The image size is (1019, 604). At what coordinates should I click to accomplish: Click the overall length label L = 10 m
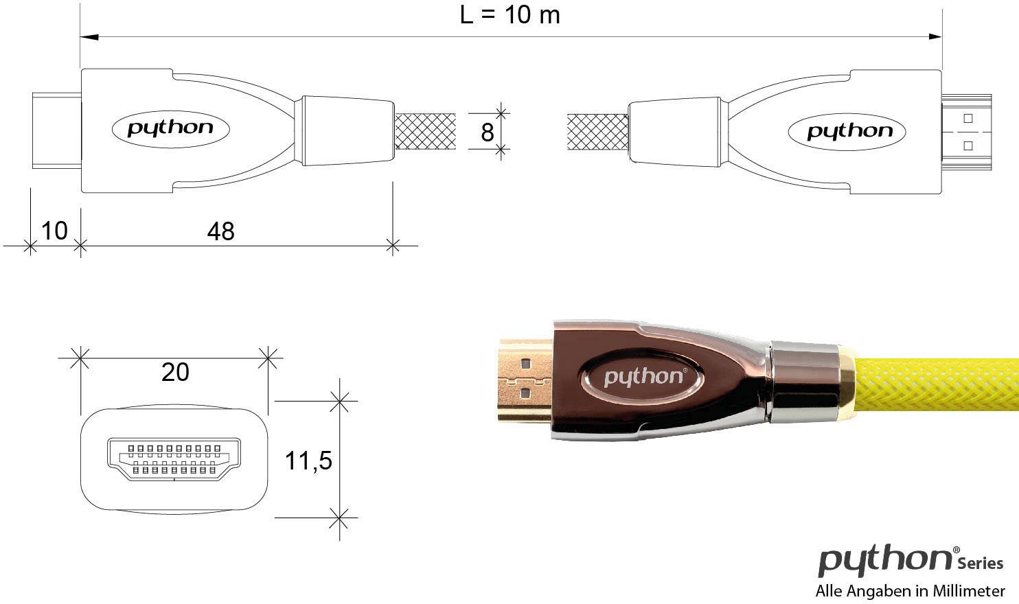[509, 14]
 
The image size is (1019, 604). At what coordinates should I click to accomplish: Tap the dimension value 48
[220, 231]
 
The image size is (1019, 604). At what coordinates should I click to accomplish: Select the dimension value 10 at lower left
[54, 231]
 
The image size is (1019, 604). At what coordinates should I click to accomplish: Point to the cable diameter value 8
[487, 132]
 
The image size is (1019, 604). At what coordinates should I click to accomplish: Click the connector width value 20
[175, 372]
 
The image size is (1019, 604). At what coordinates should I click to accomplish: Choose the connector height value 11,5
[308, 461]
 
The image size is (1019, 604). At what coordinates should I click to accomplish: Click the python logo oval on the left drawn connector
[170, 128]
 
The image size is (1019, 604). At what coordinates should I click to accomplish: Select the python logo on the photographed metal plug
[643, 376]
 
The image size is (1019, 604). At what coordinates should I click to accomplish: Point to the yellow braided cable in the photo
[934, 384]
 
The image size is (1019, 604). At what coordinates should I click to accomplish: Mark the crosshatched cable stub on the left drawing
[425, 132]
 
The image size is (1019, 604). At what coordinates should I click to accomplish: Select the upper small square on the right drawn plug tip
[968, 118]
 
